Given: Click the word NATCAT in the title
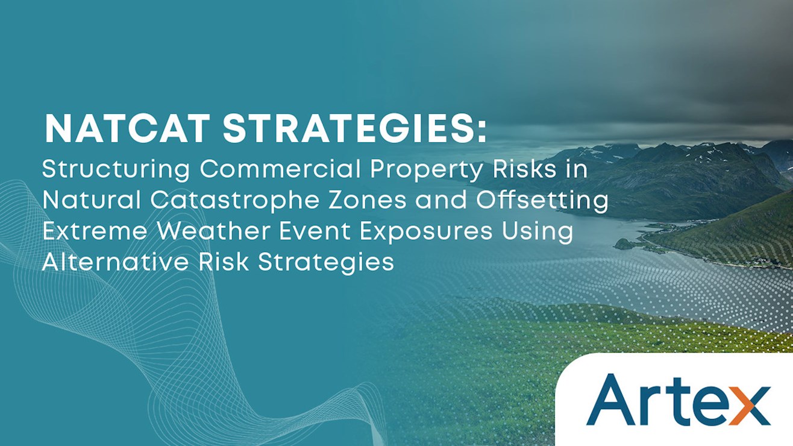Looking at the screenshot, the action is (x=127, y=128).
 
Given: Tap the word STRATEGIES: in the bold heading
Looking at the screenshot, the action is (x=355, y=128).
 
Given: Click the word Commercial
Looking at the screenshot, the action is (x=280, y=169).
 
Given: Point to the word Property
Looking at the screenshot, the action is (x=427, y=170).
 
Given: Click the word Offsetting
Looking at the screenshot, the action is (x=542, y=200).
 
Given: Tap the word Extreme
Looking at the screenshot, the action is (x=95, y=231).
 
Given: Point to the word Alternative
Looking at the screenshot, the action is (x=116, y=262).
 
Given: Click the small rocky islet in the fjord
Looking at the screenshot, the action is (x=624, y=243).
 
